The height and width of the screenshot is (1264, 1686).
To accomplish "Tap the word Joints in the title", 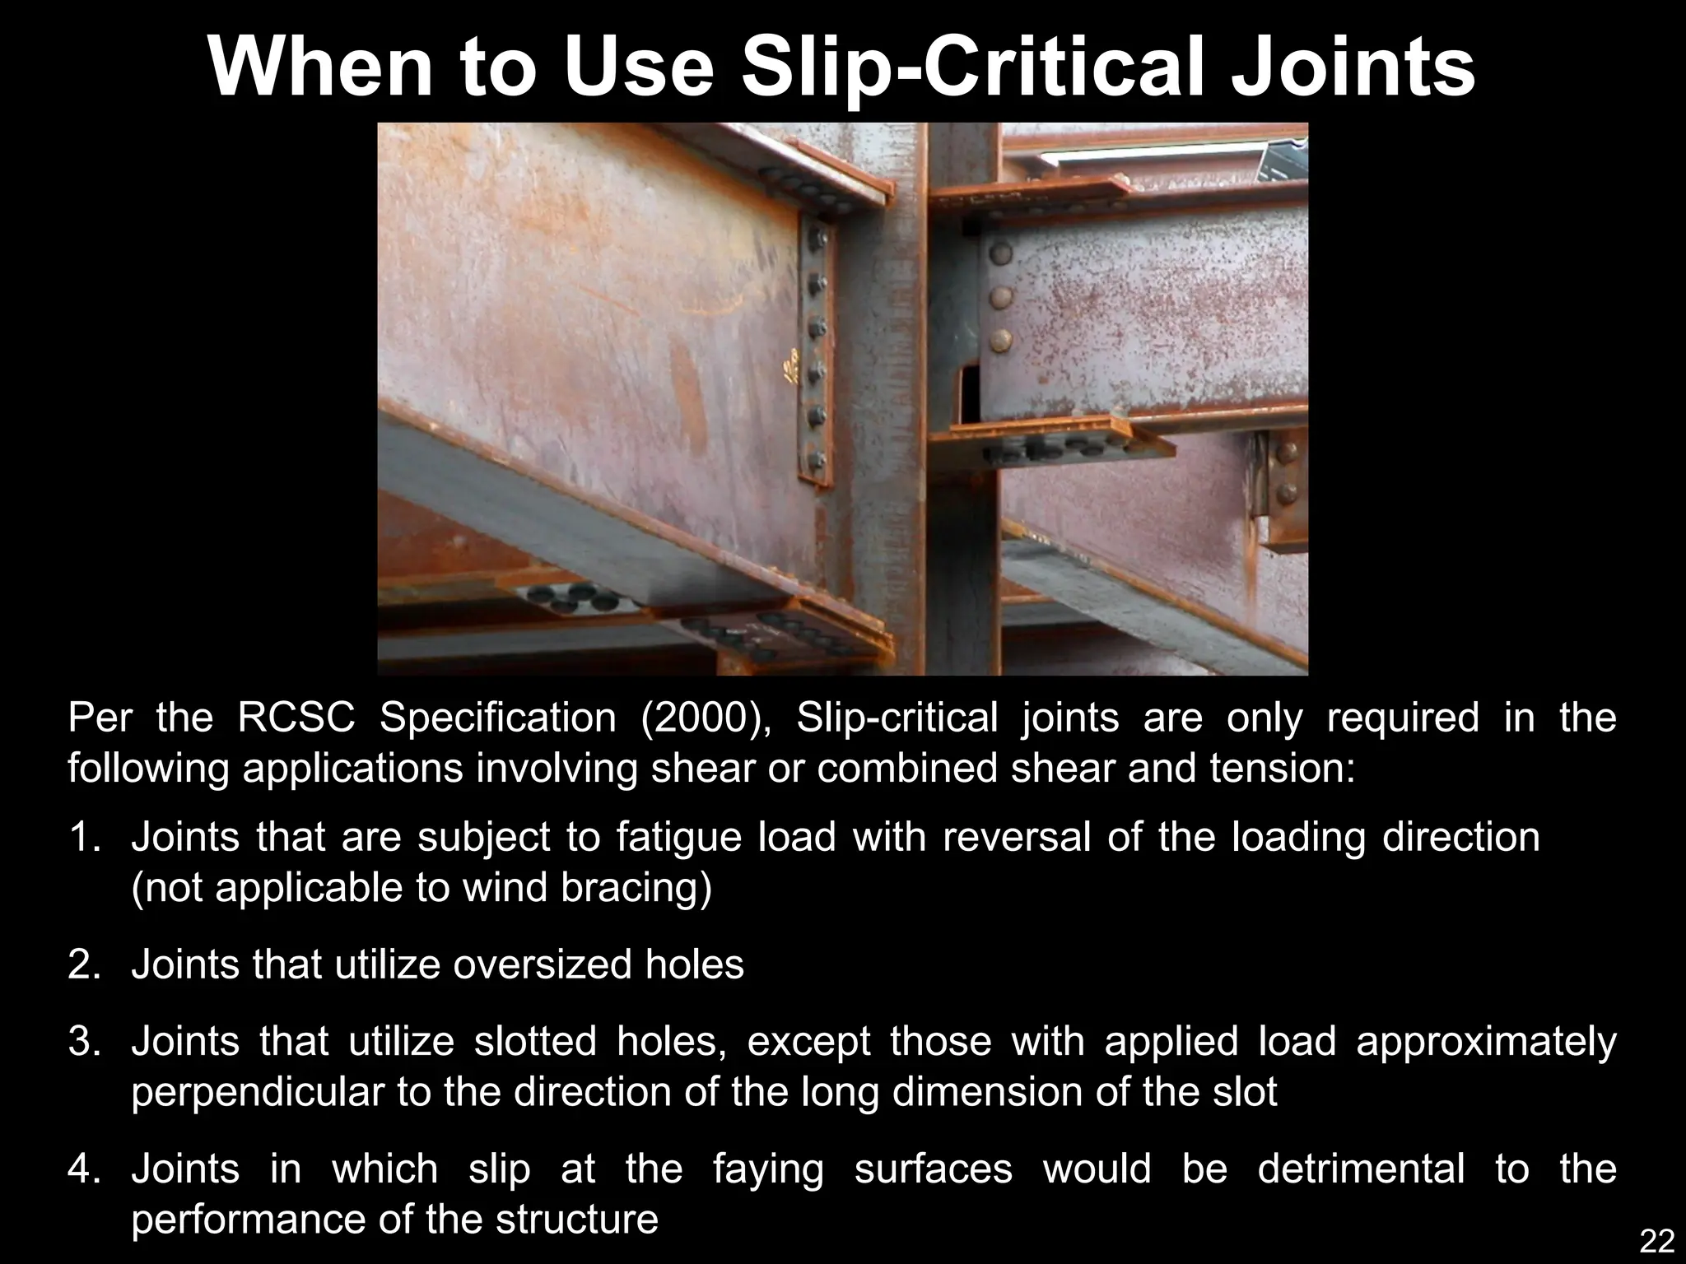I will (1351, 67).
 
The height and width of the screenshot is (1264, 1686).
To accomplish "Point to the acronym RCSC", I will (296, 718).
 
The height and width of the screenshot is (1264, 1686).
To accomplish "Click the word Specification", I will (497, 718).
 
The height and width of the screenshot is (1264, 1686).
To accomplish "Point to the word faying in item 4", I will (767, 1169).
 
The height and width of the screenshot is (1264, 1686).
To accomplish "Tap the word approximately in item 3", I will (1486, 1042).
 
